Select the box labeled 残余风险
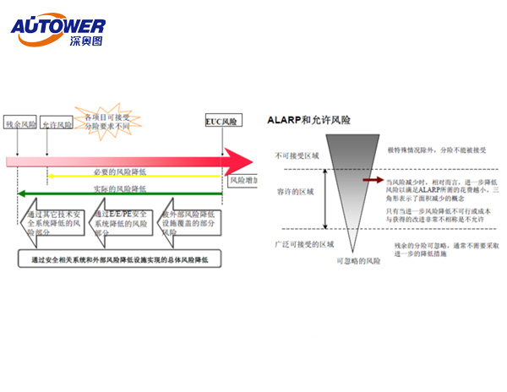tap(21, 123)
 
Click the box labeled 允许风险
tap(57, 124)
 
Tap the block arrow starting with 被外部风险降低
tap(191, 221)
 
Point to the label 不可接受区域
tap(295, 156)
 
